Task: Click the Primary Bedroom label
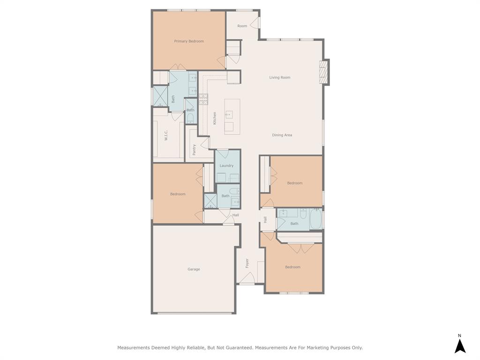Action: (189, 41)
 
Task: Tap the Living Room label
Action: (280, 77)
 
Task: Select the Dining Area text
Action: (282, 135)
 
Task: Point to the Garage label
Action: (194, 270)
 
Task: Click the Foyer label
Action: (247, 263)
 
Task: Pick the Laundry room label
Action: (226, 165)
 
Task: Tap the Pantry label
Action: (194, 150)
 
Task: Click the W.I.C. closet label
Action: (166, 135)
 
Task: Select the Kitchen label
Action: (215, 118)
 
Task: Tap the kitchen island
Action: (232, 117)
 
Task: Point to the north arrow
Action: (460, 346)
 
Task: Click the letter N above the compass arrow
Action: (459, 336)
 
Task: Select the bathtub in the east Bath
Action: (315, 218)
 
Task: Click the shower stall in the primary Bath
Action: (160, 96)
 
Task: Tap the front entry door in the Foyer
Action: (247, 278)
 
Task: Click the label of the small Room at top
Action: (242, 26)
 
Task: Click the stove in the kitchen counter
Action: (203, 99)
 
